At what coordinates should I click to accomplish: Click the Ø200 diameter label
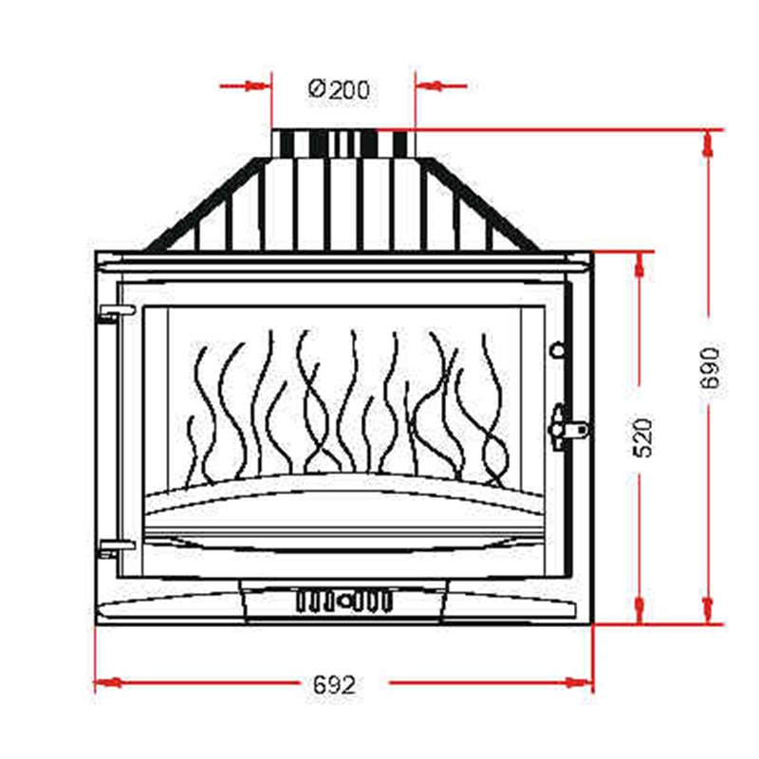[x=339, y=90]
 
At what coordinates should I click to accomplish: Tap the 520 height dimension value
[x=642, y=437]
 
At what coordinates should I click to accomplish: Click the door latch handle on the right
[x=569, y=426]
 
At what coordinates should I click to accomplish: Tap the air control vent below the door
[x=343, y=601]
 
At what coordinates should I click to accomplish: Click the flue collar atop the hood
[x=342, y=142]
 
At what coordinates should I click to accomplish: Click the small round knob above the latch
[x=557, y=350]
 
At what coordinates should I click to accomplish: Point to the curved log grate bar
[x=343, y=484]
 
